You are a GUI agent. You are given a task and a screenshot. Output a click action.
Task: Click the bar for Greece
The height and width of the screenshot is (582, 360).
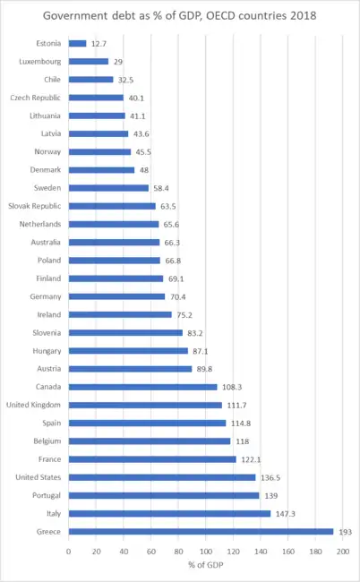tap(201, 532)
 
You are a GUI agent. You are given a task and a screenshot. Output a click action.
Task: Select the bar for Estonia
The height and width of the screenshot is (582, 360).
tap(77, 43)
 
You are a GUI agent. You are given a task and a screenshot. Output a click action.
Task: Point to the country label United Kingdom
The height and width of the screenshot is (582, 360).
tap(33, 405)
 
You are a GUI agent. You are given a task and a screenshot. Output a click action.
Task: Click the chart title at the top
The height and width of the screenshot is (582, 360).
tap(180, 16)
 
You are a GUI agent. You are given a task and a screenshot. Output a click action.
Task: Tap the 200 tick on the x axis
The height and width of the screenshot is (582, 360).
tap(343, 548)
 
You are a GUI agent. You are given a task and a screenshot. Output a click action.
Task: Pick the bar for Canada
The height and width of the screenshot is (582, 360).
tap(142, 387)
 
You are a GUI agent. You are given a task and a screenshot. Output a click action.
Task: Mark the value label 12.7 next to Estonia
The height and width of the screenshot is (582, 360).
tap(99, 43)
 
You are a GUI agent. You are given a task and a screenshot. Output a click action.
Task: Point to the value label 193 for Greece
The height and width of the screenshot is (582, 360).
tap(344, 532)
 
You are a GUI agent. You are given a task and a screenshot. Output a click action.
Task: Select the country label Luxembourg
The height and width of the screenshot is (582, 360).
tap(40, 62)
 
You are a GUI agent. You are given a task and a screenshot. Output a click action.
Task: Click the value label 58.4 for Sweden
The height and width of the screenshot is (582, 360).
tap(163, 188)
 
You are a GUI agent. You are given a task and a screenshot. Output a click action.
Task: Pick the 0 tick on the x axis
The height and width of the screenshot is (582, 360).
tap(69, 548)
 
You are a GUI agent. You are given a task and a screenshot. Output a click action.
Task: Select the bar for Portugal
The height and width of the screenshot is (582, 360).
tap(164, 495)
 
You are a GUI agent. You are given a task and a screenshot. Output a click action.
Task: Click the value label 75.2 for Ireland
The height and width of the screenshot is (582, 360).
tap(185, 314)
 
